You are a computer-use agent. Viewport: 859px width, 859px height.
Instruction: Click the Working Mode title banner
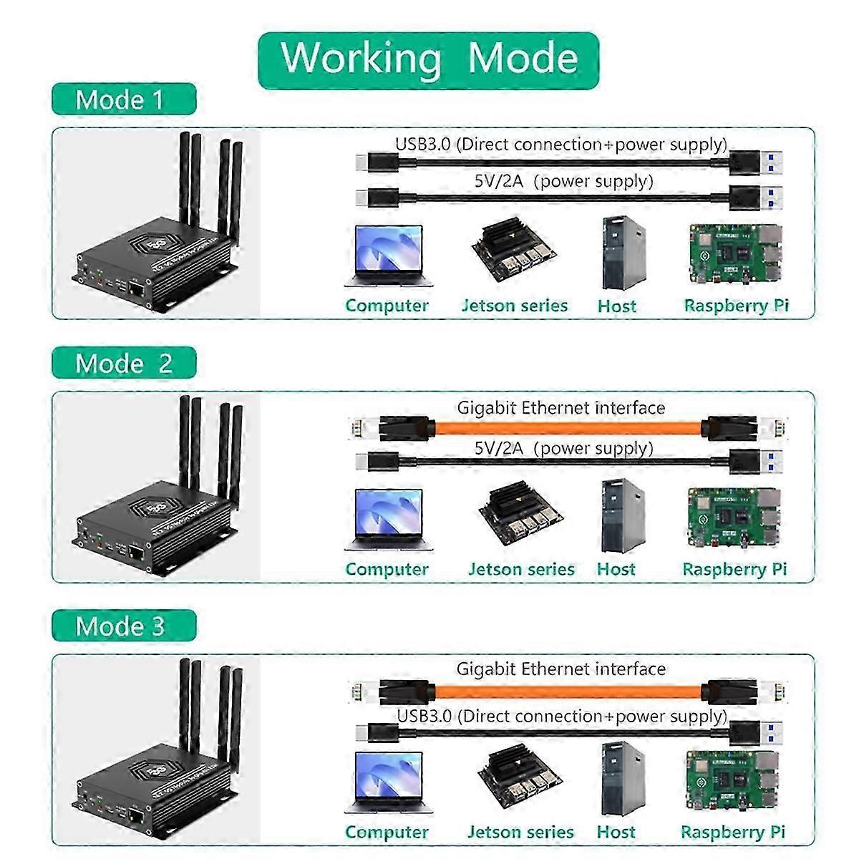click(x=428, y=59)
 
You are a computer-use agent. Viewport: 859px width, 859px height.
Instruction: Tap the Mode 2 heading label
click(x=123, y=364)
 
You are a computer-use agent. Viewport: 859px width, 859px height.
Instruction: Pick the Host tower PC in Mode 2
click(x=618, y=515)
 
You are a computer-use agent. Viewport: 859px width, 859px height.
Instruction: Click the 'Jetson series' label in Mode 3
click(x=520, y=833)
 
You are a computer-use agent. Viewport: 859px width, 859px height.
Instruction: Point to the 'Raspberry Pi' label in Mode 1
click(x=736, y=306)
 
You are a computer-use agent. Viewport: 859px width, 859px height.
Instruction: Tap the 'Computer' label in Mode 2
click(x=387, y=570)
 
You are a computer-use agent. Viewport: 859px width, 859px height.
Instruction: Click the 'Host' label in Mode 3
click(x=616, y=833)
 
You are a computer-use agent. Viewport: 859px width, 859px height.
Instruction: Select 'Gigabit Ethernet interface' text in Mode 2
click(x=561, y=408)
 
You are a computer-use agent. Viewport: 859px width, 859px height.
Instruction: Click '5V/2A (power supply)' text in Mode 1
click(x=564, y=181)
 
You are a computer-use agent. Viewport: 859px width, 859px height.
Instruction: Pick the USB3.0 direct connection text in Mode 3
click(x=562, y=716)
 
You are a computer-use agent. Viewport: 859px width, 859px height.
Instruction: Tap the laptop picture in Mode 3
click(x=387, y=782)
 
